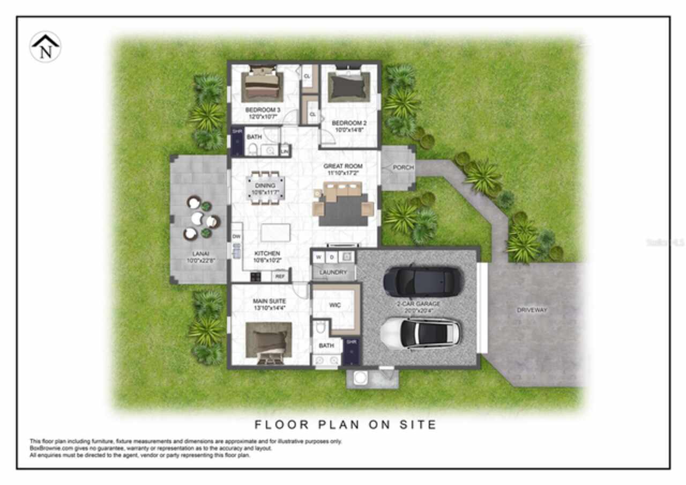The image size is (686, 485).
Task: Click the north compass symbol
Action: coord(45,47)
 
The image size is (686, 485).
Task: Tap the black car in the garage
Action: coord(423,281)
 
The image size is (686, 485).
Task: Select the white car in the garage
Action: coord(421,333)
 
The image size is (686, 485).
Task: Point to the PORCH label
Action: coord(403,167)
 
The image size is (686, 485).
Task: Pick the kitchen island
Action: coord(275,233)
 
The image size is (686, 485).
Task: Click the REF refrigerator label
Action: coord(280,277)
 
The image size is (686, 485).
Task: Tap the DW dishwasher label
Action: coord(236,236)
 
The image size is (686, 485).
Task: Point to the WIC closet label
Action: coord(335,305)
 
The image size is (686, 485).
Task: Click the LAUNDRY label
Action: coord(333,273)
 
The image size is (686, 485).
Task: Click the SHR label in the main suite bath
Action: coord(352,342)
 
